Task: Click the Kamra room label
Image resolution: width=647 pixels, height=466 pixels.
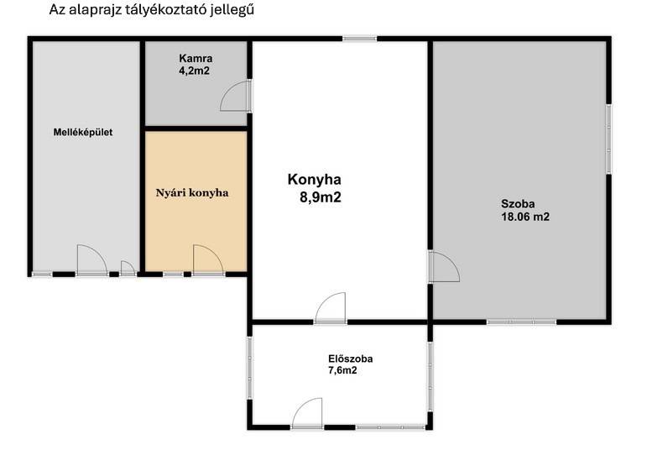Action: [x=196, y=58]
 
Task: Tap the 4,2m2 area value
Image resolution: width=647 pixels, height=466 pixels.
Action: [x=194, y=71]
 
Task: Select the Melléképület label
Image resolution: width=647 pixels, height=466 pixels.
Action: [x=83, y=133]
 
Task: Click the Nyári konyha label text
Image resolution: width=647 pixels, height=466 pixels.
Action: [x=192, y=193]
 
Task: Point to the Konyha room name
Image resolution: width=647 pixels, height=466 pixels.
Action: [x=315, y=180]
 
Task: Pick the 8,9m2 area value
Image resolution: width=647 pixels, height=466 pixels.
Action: [x=321, y=197]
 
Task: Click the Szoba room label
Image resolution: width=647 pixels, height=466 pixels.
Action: [x=518, y=203]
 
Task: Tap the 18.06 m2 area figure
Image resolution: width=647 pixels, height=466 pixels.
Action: [x=525, y=217]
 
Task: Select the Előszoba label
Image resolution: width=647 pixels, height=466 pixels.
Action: [x=350, y=359]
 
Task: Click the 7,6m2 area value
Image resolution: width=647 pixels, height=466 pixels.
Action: [x=342, y=370]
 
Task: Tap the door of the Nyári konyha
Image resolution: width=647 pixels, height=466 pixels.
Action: [x=208, y=259]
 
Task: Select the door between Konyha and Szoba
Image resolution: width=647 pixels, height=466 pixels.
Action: [x=444, y=267]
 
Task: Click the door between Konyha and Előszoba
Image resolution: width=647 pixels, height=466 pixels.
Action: [x=331, y=307]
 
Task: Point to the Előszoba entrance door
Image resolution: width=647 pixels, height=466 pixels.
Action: [x=307, y=413]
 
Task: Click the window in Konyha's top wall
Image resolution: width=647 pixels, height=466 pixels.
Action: [x=359, y=39]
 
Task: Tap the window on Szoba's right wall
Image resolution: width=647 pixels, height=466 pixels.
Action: [x=608, y=139]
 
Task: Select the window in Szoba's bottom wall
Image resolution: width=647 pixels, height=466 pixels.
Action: [x=522, y=322]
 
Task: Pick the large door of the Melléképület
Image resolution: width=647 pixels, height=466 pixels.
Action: [x=92, y=260]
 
